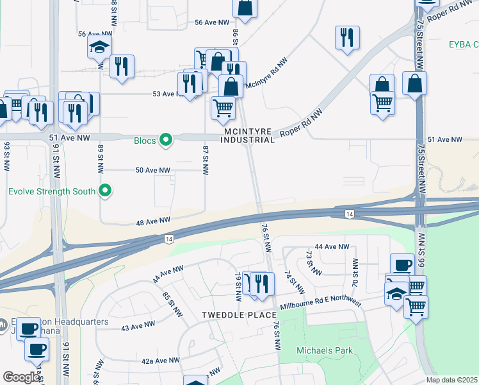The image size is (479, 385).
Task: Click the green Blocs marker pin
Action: pos(166,139)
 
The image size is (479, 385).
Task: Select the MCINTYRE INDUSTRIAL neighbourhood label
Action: pos(248,135)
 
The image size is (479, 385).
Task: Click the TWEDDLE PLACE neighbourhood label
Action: pos(239,315)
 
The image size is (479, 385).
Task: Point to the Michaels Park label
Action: pos(316,350)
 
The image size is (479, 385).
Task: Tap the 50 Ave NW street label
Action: pos(152,171)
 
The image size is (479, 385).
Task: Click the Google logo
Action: pos(21,377)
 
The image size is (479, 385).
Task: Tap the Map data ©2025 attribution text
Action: pos(452,380)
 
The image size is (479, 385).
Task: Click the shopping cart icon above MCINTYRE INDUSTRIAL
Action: pos(222,107)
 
